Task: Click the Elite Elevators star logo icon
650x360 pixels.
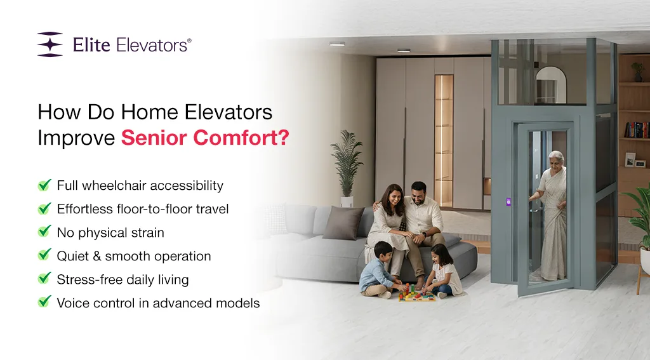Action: pos(50,44)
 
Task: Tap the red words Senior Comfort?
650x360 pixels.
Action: pos(204,137)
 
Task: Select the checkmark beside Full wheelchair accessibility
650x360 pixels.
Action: pos(44,185)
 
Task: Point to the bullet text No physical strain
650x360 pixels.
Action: pos(110,232)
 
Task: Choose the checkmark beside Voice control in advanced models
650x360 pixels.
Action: pos(44,302)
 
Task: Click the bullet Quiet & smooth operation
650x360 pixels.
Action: pos(134,256)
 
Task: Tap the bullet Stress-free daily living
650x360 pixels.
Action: pos(123,279)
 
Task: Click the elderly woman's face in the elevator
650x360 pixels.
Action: pos(556,159)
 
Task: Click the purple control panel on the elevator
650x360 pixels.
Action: pos(508,202)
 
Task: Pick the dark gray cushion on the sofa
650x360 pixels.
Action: pos(344,222)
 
